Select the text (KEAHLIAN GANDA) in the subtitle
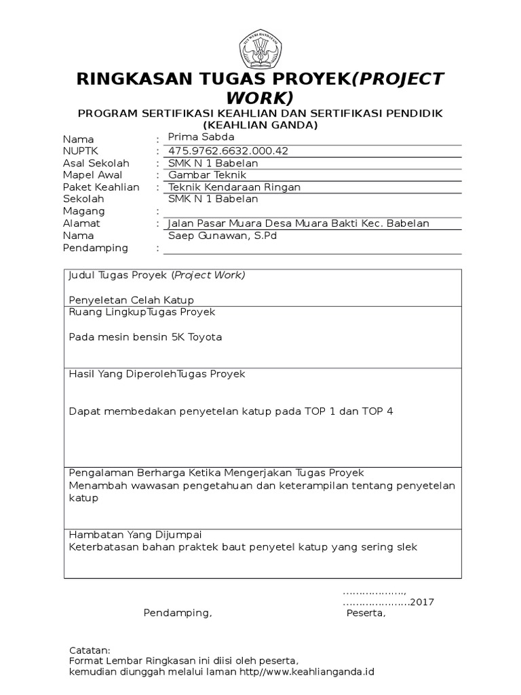(260, 125)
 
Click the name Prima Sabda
(200, 138)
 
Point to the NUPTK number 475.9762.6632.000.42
(228, 151)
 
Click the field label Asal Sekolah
(96, 163)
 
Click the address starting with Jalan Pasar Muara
(298, 223)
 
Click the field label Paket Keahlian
(101, 187)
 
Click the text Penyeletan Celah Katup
(132, 300)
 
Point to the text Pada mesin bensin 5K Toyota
(145, 337)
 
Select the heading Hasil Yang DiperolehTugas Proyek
(157, 374)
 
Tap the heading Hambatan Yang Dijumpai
(135, 534)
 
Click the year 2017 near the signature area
(422, 602)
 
